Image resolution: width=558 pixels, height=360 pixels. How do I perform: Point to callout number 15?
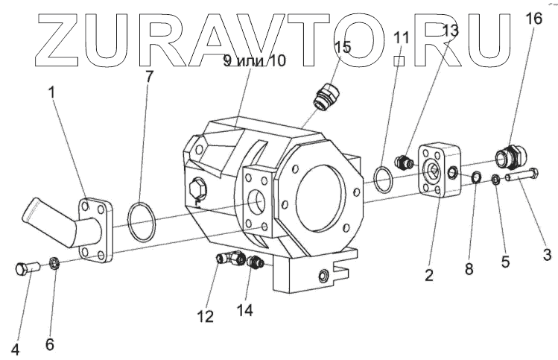(342, 46)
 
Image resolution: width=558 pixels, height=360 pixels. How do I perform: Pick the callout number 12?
(205, 316)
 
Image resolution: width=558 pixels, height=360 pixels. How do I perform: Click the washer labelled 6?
(54, 262)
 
